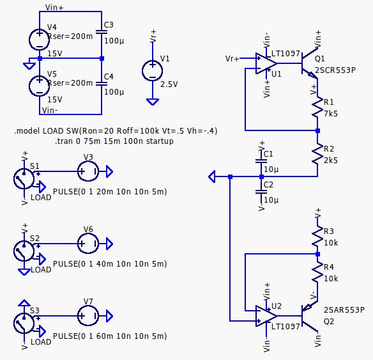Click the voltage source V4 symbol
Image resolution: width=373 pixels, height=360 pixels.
coord(39,39)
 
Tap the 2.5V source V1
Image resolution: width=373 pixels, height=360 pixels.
coord(152,71)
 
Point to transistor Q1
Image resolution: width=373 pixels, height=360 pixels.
coord(310,63)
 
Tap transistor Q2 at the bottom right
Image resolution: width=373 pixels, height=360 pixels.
coord(310,315)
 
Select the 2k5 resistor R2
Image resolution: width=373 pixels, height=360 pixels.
coord(317,154)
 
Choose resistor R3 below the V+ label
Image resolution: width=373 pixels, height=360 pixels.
coord(317,237)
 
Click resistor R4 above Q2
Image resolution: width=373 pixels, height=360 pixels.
coord(317,274)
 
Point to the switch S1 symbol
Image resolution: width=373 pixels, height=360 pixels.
coord(24,178)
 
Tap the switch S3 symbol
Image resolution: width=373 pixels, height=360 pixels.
coord(24,322)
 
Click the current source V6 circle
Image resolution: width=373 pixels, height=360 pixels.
coord(88,244)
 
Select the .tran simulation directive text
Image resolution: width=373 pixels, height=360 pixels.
coord(114,141)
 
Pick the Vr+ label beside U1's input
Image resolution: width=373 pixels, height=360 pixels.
coord(232,59)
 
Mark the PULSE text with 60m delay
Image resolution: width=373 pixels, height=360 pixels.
coord(109,336)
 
